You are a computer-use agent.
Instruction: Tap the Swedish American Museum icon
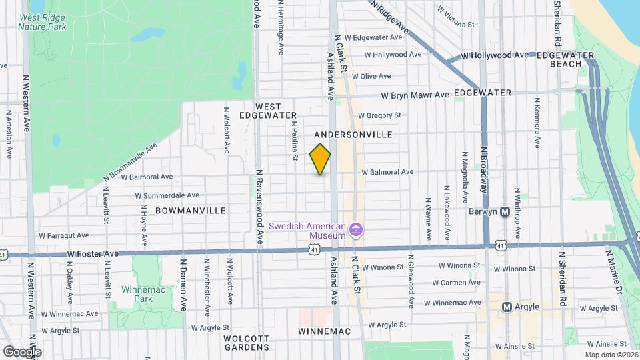(356, 231)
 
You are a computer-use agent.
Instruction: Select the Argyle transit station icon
(507, 307)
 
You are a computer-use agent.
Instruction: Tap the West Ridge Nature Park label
(43, 23)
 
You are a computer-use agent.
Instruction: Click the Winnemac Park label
(138, 294)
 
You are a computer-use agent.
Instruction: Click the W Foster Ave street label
(93, 254)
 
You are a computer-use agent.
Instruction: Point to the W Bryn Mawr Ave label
(415, 95)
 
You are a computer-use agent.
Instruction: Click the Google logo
(21, 351)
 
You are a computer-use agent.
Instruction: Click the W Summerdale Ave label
(167, 195)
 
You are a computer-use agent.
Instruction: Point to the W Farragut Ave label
(64, 235)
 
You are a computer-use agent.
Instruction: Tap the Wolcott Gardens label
(246, 343)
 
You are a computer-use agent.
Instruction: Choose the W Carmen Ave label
(456, 283)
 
